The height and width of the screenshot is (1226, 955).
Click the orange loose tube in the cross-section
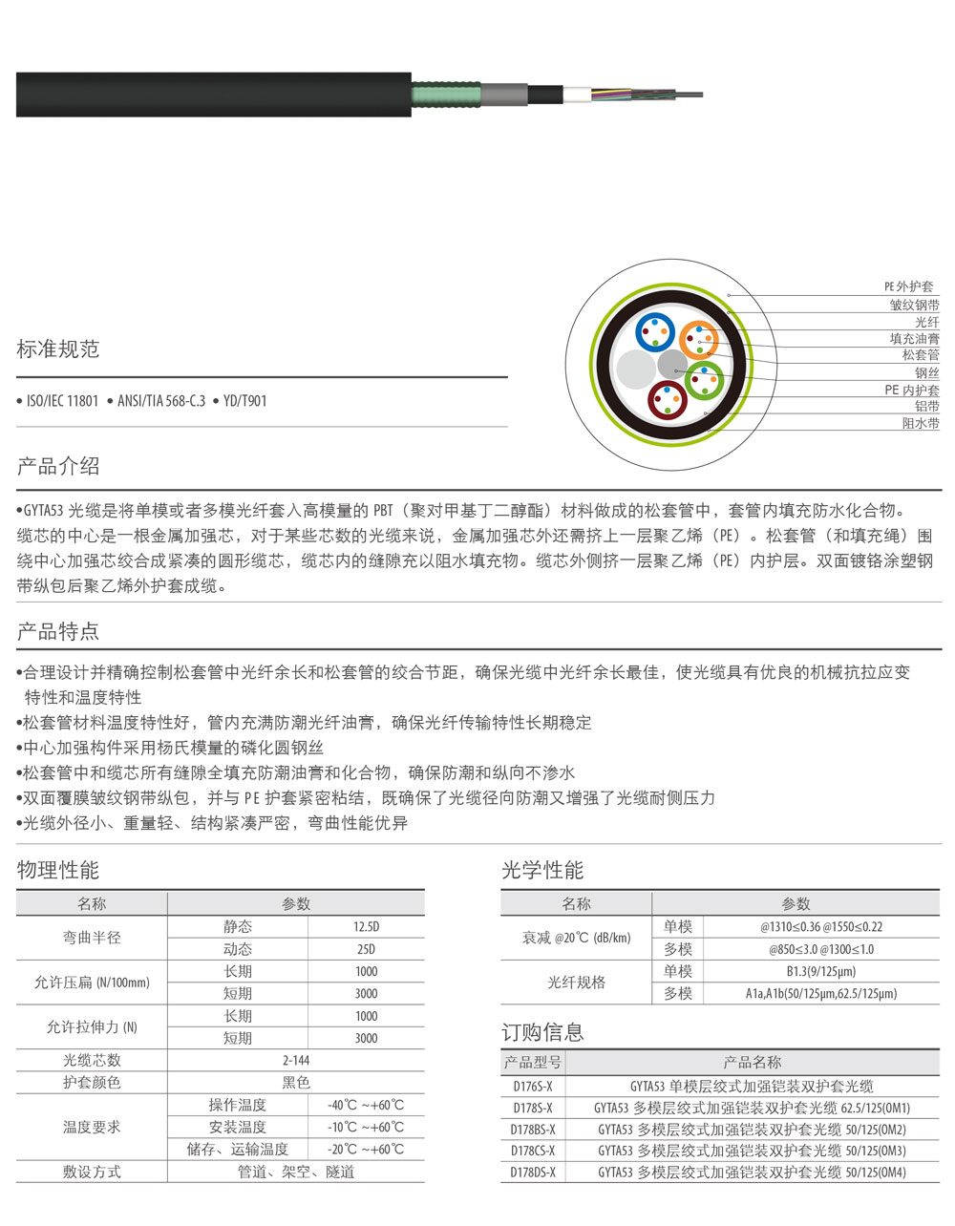(x=699, y=340)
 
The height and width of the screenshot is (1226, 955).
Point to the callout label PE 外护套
(x=908, y=286)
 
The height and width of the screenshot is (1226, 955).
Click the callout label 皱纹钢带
(x=914, y=305)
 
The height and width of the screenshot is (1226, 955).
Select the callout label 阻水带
(x=921, y=423)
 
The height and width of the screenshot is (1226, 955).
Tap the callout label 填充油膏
(x=914, y=339)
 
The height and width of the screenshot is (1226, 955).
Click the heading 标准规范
(x=58, y=349)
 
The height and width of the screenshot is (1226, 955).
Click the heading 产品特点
(x=58, y=632)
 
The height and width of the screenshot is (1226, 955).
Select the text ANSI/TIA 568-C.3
(x=160, y=401)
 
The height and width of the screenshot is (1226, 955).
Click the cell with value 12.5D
(x=366, y=927)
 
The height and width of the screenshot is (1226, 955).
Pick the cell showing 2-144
(x=296, y=1061)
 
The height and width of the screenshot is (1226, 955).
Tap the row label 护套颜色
(x=92, y=1083)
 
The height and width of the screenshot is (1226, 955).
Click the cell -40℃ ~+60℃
(x=366, y=1106)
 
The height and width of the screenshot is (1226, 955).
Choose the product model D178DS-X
(x=533, y=1173)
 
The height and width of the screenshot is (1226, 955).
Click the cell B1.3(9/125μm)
(x=821, y=972)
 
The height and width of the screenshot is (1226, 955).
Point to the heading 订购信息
(x=542, y=1032)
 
